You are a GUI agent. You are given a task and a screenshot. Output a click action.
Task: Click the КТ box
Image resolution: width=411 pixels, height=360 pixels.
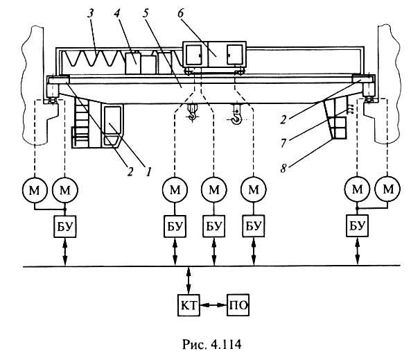[189, 305]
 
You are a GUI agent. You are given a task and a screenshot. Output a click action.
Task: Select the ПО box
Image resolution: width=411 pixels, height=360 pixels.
[238, 305]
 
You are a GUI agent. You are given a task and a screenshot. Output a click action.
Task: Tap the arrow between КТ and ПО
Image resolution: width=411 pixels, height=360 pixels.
[213, 305]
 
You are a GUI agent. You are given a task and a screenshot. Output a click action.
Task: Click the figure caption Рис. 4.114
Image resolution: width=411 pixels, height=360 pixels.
[212, 344]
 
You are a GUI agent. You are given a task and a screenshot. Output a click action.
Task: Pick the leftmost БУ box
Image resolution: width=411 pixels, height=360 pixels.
[65, 226]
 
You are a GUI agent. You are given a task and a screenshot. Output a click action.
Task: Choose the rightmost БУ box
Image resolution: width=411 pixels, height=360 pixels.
[357, 226]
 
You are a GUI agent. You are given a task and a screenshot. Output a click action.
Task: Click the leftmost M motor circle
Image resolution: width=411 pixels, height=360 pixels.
[35, 189]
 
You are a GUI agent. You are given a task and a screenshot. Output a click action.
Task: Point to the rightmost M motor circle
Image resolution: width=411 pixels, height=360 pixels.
[388, 189]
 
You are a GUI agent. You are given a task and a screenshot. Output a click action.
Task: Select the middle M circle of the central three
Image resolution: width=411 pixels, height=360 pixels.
[214, 189]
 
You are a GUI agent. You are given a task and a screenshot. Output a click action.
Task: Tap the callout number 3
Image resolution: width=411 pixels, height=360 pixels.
[90, 14]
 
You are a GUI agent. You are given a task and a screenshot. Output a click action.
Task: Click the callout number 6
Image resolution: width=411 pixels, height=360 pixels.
[181, 14]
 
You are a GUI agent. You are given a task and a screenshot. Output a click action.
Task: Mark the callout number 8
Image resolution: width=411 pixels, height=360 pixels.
[283, 168]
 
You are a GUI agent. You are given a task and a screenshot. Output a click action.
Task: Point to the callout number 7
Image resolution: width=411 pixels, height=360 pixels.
[283, 144]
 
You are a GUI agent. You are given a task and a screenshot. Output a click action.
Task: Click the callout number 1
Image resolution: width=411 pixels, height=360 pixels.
[148, 172]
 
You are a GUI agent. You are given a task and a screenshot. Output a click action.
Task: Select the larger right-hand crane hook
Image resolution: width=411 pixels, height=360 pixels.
[236, 114]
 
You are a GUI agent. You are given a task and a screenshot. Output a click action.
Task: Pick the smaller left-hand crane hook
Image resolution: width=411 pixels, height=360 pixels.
[193, 112]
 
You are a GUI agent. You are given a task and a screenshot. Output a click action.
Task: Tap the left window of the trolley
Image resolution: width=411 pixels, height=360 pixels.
[193, 55]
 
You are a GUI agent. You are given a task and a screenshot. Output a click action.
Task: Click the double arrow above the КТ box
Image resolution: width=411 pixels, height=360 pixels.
[189, 280]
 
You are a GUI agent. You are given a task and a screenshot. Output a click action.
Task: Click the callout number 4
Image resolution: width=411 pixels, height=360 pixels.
[117, 14]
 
